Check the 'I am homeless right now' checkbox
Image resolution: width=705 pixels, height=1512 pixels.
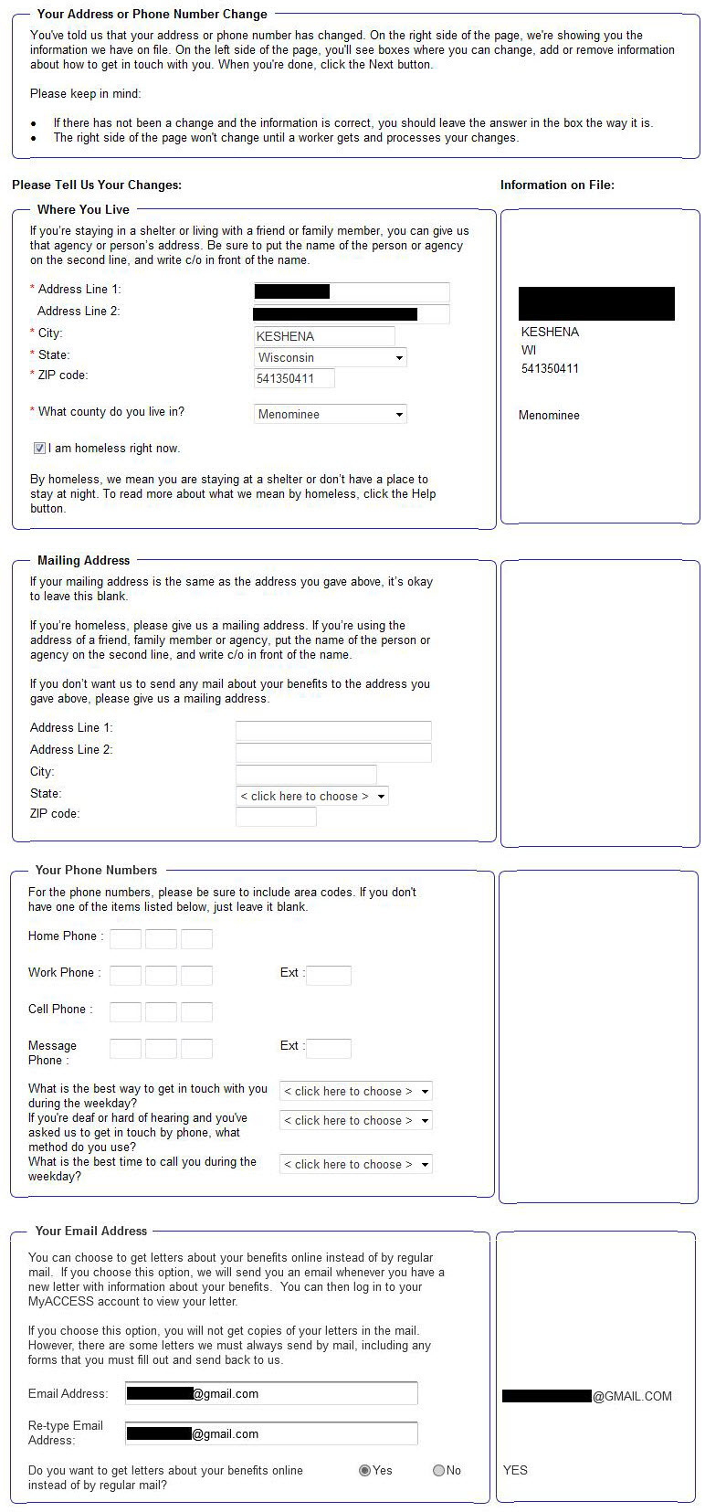point(39,449)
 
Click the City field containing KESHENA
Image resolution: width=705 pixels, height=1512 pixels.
point(324,336)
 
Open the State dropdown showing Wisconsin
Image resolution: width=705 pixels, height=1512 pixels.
point(330,357)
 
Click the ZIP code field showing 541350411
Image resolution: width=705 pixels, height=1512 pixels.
point(294,378)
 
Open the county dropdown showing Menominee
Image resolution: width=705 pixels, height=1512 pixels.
point(330,414)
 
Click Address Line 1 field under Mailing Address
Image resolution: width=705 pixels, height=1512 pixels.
point(333,730)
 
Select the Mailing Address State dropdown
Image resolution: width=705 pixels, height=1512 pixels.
point(311,796)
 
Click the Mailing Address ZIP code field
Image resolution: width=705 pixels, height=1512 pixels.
point(276,816)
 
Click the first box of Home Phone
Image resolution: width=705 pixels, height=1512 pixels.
point(125,938)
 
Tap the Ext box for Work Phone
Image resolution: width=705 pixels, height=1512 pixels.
point(329,975)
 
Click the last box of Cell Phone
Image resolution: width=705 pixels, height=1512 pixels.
point(196,1011)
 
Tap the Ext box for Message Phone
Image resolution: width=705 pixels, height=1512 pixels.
point(329,1048)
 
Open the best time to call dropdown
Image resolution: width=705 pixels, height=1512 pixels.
point(355,1164)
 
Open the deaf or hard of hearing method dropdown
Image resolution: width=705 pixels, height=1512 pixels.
point(355,1120)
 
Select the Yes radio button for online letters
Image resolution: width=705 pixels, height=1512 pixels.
point(364,1470)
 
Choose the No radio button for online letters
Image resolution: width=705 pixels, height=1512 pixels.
point(438,1470)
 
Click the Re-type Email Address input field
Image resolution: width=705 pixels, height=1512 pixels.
point(270,1433)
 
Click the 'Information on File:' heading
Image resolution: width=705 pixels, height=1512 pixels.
point(557,185)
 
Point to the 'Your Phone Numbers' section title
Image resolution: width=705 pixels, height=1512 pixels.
point(96,870)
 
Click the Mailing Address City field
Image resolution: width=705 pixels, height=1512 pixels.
point(306,775)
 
